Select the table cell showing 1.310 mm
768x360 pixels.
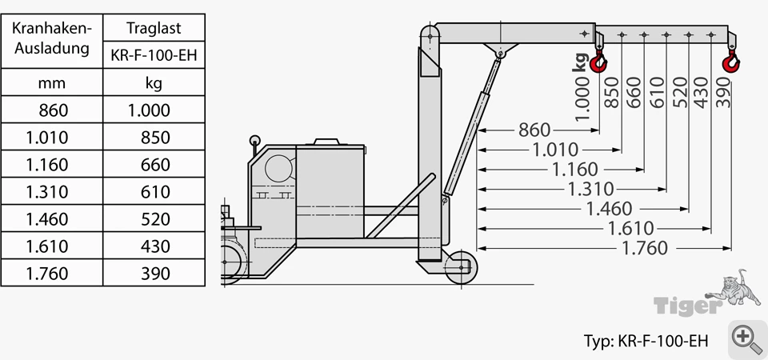52,191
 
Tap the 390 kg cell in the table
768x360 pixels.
154,274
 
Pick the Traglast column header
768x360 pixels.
154,28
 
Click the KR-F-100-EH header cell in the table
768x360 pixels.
154,55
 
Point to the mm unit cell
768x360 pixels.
52,82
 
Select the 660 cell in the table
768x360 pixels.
154,164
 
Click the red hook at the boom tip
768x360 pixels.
730,62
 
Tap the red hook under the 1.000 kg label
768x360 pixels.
598,62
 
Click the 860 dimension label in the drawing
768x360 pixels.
534,130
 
